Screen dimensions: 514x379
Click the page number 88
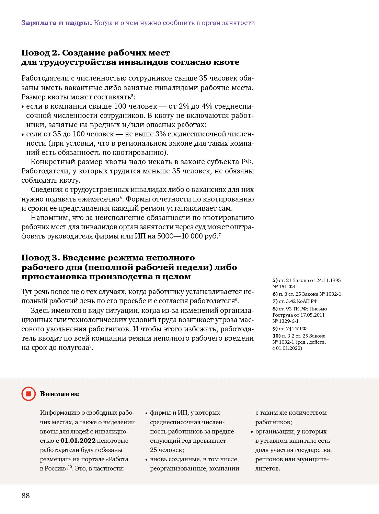[x=26, y=495]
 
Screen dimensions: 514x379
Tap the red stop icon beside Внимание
[x=28, y=394]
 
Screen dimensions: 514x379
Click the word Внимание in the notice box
[x=59, y=394]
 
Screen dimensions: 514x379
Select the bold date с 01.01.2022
[x=76, y=441]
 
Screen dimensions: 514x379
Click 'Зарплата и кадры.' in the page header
[x=56, y=23]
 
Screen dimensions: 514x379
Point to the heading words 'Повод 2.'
[x=41, y=53]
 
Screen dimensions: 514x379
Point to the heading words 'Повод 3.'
[x=41, y=258]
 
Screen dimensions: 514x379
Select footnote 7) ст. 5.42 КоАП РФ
[x=295, y=301]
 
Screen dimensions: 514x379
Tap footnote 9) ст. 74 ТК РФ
[x=289, y=329]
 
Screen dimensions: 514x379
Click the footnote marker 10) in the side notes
[x=276, y=336]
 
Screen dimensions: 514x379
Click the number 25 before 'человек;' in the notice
[x=154, y=450]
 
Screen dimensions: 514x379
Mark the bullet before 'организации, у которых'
[x=252, y=432]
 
